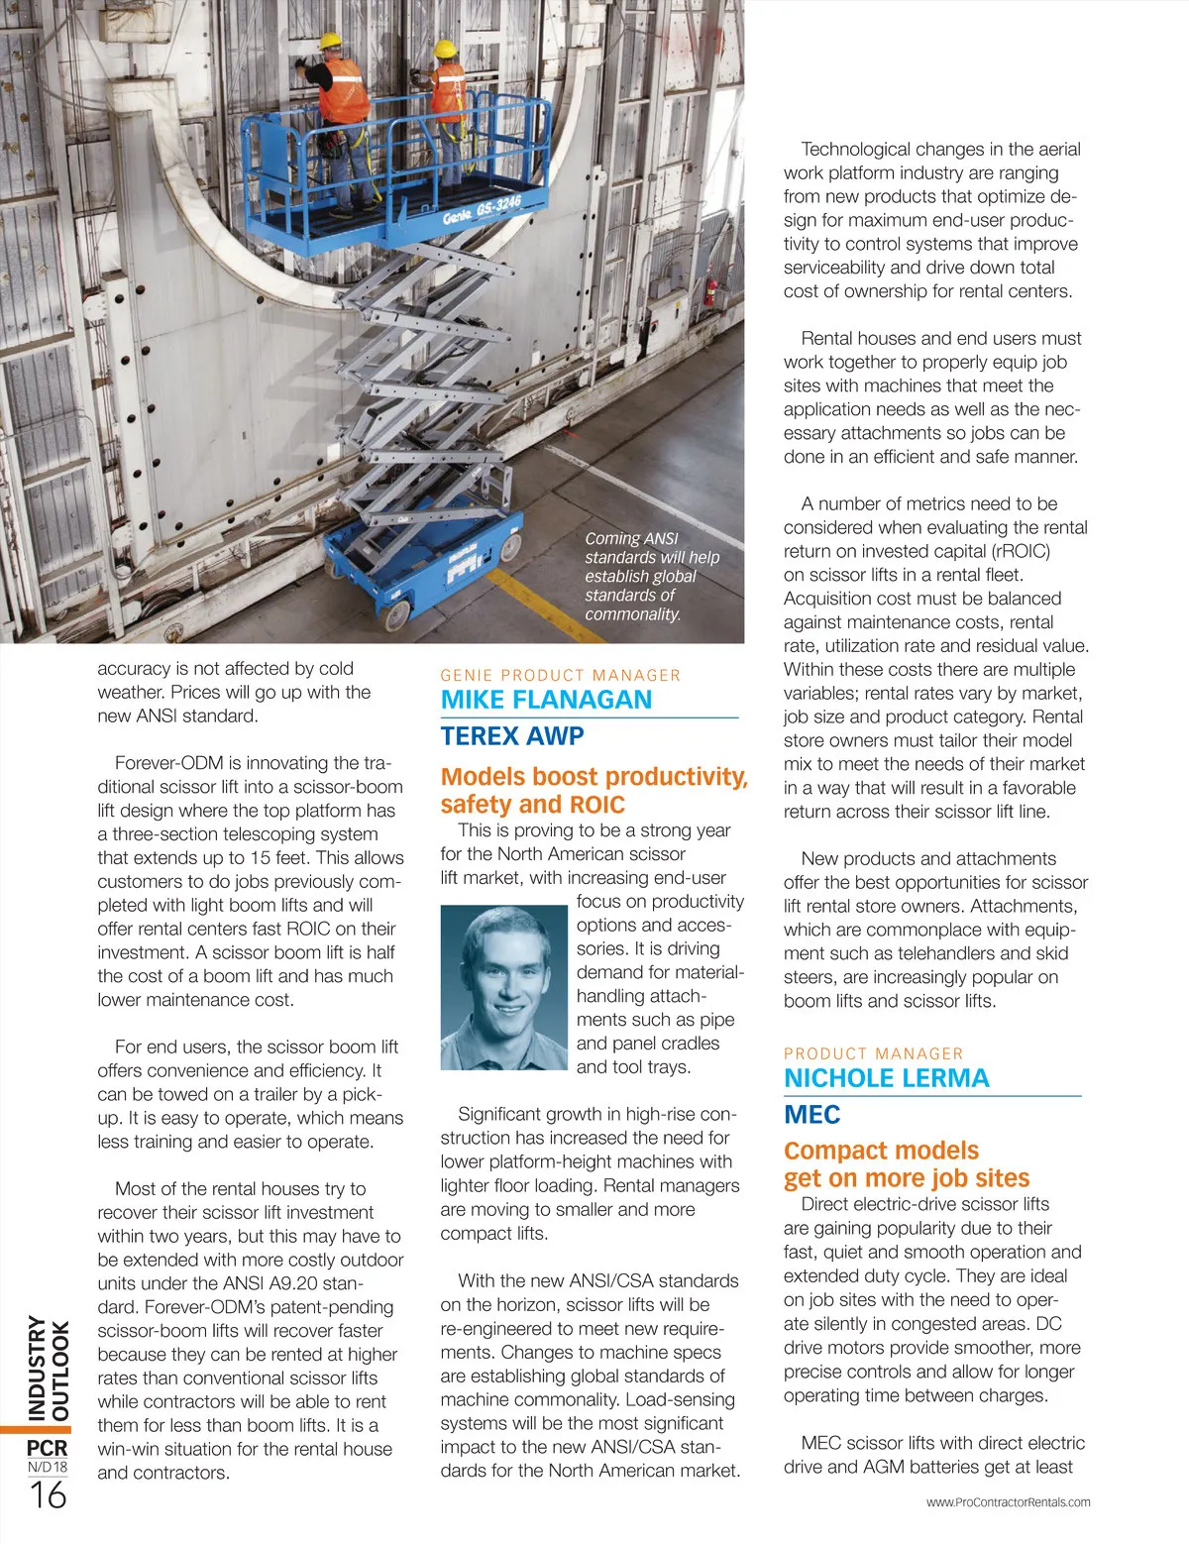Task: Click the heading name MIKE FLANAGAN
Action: point(546,700)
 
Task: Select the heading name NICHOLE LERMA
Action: point(886,1078)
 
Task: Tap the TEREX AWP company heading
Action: point(512,736)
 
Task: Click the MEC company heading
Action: point(811,1115)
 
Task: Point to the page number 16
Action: point(48,1494)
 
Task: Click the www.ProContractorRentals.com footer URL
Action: point(1008,1502)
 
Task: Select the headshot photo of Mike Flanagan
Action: point(502,987)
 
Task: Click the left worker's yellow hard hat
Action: point(329,41)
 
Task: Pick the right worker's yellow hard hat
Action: point(445,49)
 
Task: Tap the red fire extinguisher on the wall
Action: point(710,291)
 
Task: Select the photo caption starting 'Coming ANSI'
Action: point(651,576)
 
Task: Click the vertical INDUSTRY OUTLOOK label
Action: point(48,1368)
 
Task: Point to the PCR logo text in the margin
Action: point(47,1448)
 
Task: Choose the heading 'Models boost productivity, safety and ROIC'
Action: point(593,790)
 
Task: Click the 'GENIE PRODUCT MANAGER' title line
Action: point(560,675)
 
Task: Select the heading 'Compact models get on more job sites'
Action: point(906,1163)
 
